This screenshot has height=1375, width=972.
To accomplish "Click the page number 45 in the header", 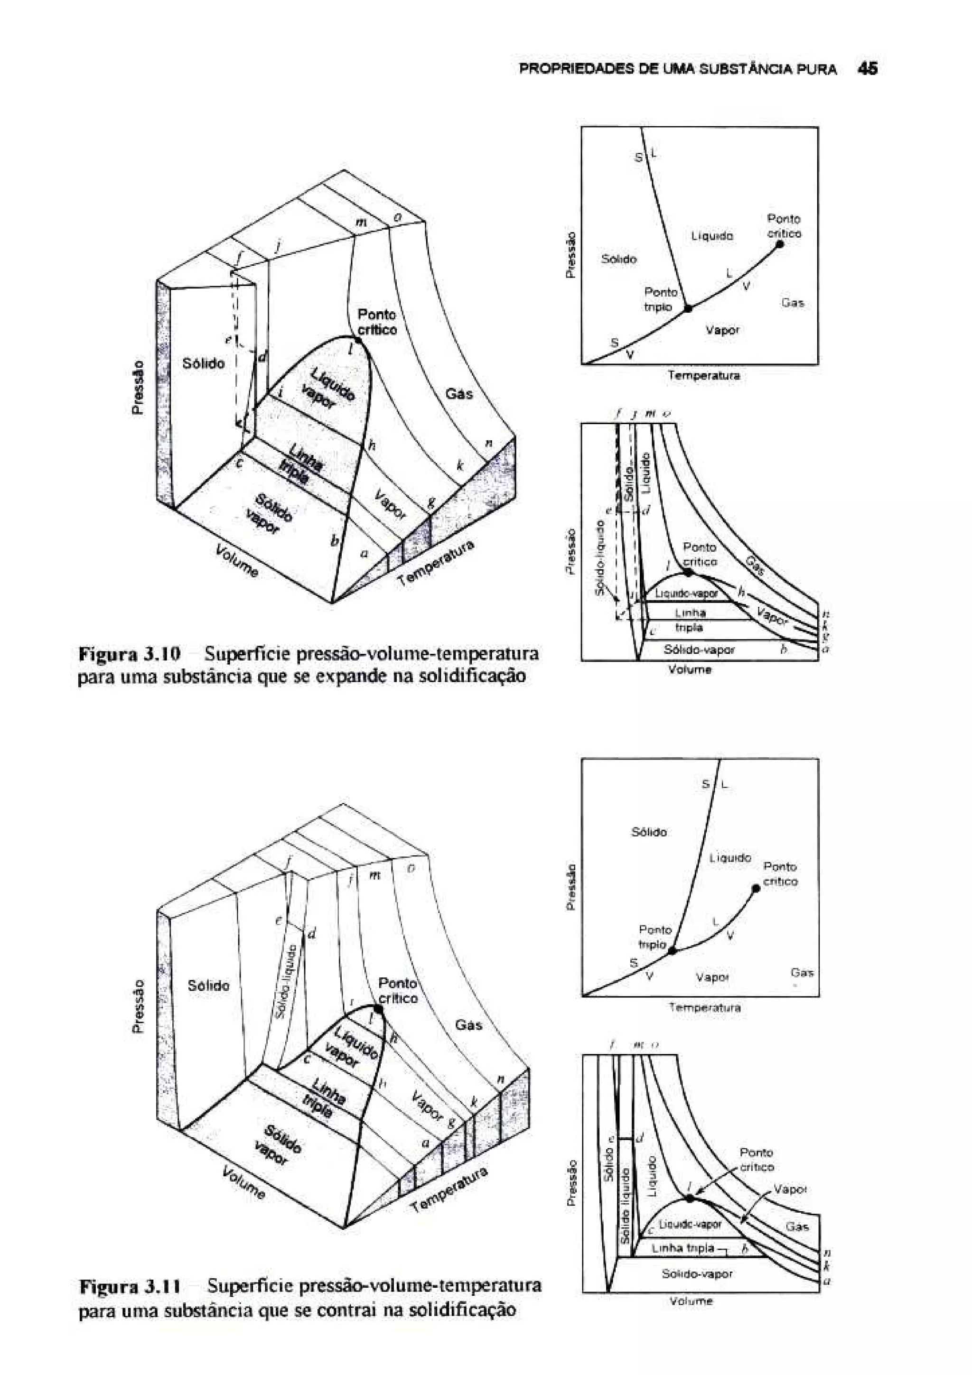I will pyautogui.click(x=867, y=69).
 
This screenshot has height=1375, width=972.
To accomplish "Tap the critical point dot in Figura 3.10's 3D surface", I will pyautogui.click(x=357, y=340).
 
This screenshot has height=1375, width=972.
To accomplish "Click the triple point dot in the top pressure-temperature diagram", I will pyautogui.click(x=688, y=308).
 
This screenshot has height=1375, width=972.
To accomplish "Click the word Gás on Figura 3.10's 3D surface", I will pyautogui.click(x=459, y=393).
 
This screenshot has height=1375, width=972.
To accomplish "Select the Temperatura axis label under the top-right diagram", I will pyautogui.click(x=704, y=376).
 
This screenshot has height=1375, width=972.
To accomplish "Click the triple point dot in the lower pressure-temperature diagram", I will pyautogui.click(x=672, y=950).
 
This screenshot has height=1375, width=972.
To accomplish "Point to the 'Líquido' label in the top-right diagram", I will pyautogui.click(x=712, y=237).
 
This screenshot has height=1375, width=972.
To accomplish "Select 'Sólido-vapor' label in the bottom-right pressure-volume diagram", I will pyautogui.click(x=697, y=1274).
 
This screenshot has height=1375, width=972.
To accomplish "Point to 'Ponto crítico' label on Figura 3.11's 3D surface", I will pyautogui.click(x=398, y=991).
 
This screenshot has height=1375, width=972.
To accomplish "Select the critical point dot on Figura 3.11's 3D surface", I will pyautogui.click(x=378, y=1009).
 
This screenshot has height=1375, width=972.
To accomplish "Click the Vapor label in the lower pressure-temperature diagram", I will pyautogui.click(x=711, y=977).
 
